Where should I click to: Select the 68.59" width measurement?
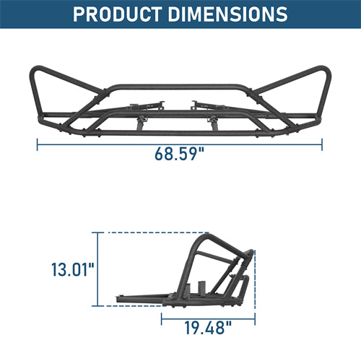point(179,153)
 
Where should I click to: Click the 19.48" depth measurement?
point(207,328)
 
